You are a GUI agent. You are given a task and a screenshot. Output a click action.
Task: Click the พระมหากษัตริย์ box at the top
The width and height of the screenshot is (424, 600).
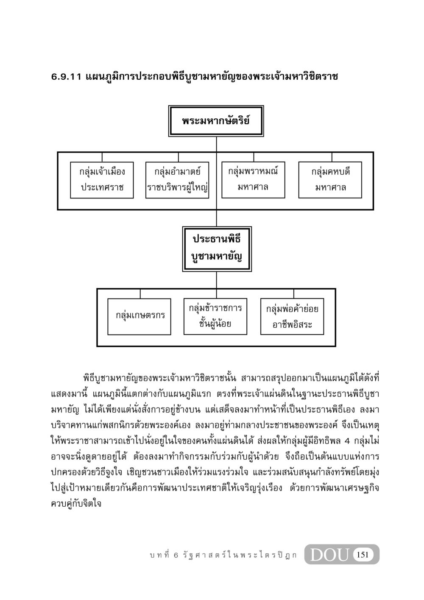[216, 121]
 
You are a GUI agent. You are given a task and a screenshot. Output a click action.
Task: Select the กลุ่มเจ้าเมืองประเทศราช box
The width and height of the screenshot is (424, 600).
[102, 180]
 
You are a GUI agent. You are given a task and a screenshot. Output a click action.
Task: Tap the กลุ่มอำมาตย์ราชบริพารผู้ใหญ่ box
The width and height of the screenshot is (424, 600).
[177, 180]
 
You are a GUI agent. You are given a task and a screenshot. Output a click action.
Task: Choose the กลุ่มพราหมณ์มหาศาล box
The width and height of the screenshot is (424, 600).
[253, 180]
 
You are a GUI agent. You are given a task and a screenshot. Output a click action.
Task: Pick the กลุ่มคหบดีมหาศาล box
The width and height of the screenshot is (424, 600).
[330, 180]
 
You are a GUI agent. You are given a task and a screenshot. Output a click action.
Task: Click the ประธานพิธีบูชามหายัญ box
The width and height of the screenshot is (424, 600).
[217, 249]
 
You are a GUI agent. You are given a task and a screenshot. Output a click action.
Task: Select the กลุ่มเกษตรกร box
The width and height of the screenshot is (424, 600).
[139, 317]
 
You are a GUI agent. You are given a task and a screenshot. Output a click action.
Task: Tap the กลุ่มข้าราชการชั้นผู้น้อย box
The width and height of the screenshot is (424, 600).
[215, 316]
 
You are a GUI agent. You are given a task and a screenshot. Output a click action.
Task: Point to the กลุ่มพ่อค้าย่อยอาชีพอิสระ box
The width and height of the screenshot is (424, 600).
[292, 316]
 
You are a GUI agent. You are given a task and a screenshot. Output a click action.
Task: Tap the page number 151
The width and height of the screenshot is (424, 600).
[363, 555]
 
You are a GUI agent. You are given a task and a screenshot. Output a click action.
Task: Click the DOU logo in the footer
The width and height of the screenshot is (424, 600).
[330, 555]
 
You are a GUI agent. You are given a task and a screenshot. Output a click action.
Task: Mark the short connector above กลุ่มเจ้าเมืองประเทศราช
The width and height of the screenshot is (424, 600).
[102, 157]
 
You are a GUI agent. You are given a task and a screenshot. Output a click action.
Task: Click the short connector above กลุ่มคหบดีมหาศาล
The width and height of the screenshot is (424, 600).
[332, 157]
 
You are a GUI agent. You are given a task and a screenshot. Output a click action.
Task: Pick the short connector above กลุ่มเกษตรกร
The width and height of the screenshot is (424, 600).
[140, 294]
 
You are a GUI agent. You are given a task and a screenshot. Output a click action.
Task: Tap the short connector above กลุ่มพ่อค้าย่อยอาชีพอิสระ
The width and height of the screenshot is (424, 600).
[293, 294]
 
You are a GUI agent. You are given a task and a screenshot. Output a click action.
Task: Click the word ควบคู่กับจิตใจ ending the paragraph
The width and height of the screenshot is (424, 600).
[76, 504]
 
